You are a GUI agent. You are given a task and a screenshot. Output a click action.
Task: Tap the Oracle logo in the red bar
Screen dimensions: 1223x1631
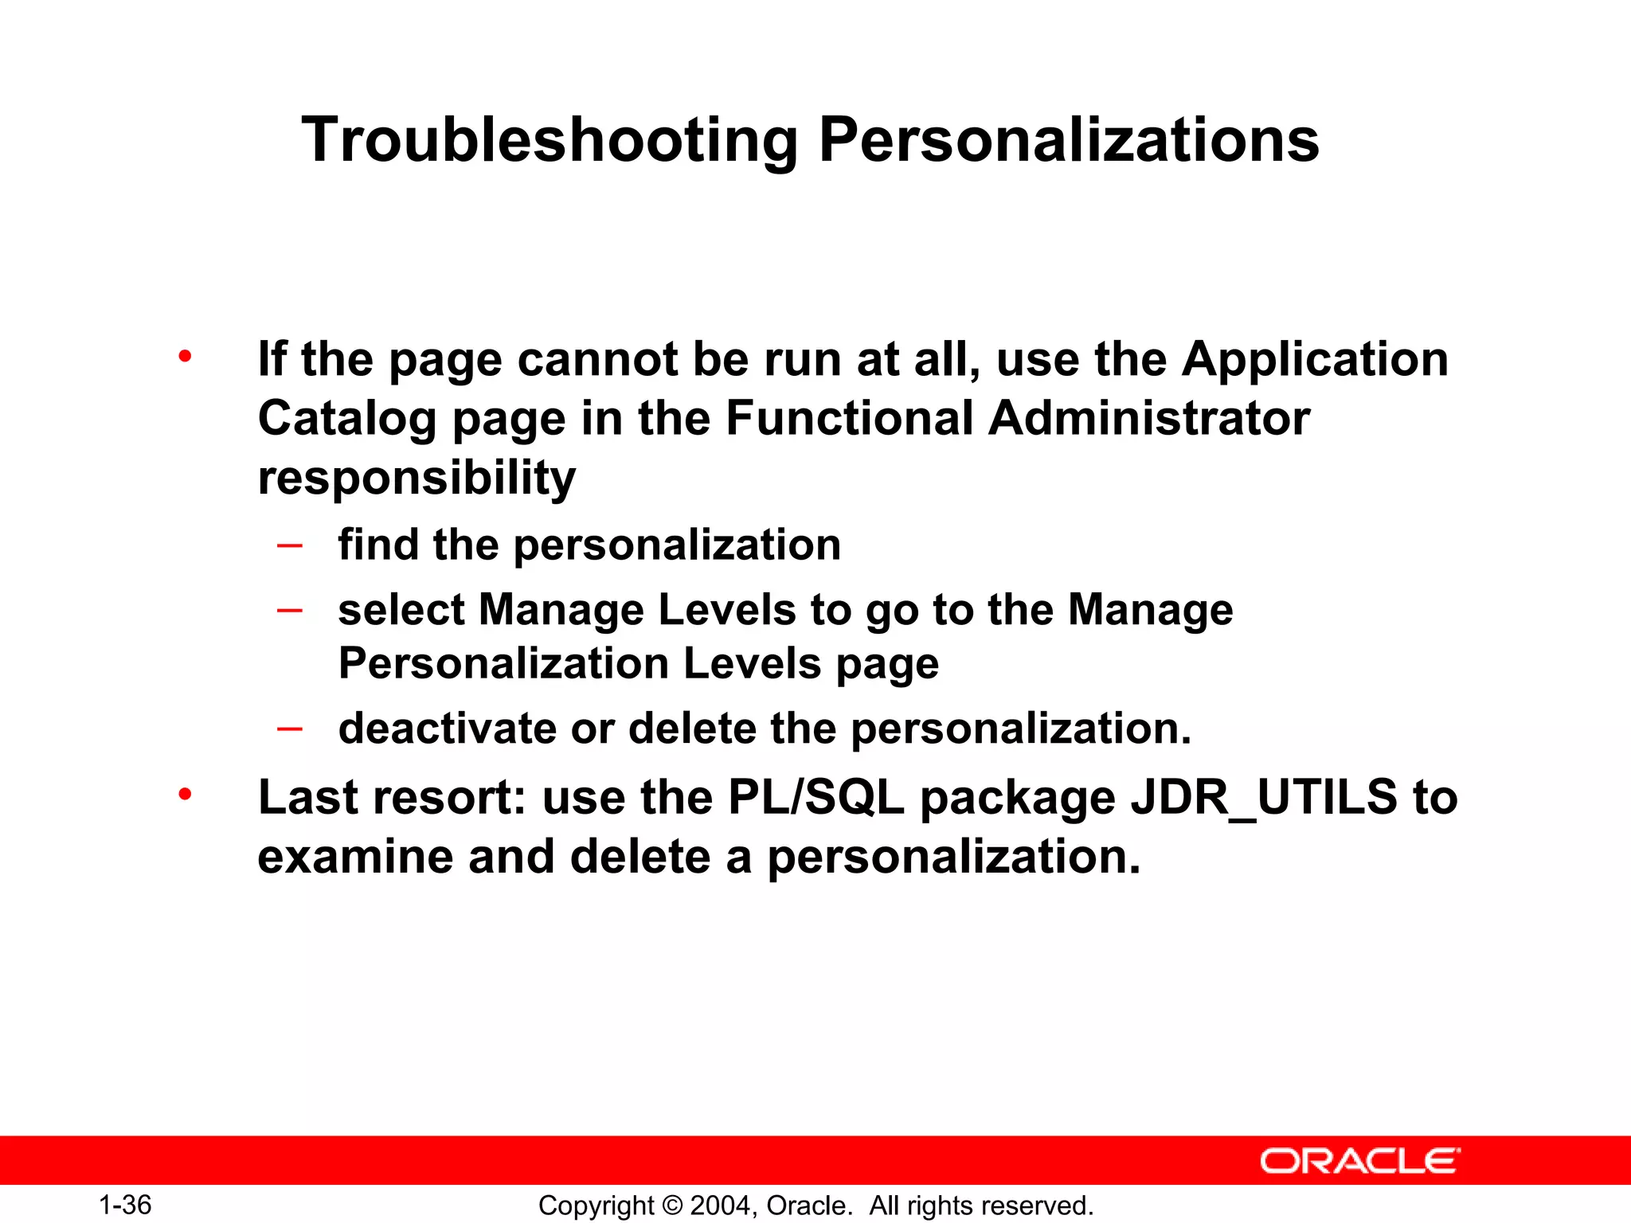[x=1359, y=1161]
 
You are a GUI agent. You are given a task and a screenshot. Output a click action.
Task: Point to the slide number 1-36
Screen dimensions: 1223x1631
[x=125, y=1205]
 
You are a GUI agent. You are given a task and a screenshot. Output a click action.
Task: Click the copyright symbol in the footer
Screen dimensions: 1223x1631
[x=672, y=1205]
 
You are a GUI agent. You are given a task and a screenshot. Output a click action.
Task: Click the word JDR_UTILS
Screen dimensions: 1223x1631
[x=1264, y=798]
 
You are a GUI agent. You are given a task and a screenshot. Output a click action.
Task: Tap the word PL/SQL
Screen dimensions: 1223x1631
[x=816, y=798]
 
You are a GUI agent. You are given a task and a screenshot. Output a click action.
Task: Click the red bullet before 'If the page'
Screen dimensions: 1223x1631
[x=186, y=356]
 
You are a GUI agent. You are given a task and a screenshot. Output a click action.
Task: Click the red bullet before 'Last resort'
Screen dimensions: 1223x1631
[x=186, y=794]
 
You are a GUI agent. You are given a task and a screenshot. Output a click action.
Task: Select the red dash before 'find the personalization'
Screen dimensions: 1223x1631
[x=289, y=546]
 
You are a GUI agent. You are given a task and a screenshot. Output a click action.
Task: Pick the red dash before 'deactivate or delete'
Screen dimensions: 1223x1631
[x=289, y=729]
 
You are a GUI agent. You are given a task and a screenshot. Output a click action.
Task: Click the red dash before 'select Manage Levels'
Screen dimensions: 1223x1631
[x=289, y=611]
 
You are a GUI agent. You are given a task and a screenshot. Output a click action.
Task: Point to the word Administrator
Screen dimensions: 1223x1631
[x=1148, y=419]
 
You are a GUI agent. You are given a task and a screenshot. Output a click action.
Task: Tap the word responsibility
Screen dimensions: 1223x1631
[x=417, y=479]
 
